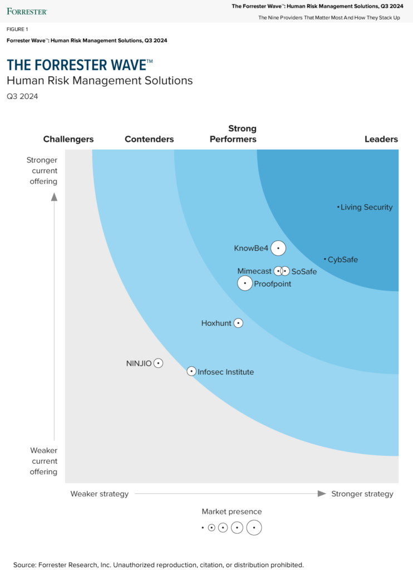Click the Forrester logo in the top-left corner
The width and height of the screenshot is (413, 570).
coord(27,11)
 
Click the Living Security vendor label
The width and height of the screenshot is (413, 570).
coord(366,207)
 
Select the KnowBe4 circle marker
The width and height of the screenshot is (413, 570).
coord(278,248)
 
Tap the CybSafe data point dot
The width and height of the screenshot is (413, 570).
coord(325,259)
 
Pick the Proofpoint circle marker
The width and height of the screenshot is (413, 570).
coord(245,283)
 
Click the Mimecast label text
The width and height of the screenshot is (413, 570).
coord(254,271)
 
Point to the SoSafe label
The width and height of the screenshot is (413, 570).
coord(304,272)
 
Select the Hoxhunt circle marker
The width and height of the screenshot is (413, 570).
coord(238,323)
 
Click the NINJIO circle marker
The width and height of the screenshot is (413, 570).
coord(159,363)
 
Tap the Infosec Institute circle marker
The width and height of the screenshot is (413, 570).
coord(191,371)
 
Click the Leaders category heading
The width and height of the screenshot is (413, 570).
coord(381,139)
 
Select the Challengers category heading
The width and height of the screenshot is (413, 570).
coord(68,139)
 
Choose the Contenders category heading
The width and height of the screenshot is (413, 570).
coord(149,139)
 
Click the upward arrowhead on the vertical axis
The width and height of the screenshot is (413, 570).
coord(54,196)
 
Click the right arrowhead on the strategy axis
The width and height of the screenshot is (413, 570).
coord(321,493)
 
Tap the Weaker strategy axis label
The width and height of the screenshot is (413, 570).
coord(99,494)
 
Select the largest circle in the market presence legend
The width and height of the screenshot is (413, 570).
coord(254,527)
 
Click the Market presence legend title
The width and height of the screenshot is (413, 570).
coord(232,512)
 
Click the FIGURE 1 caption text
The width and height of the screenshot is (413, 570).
coord(17,29)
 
